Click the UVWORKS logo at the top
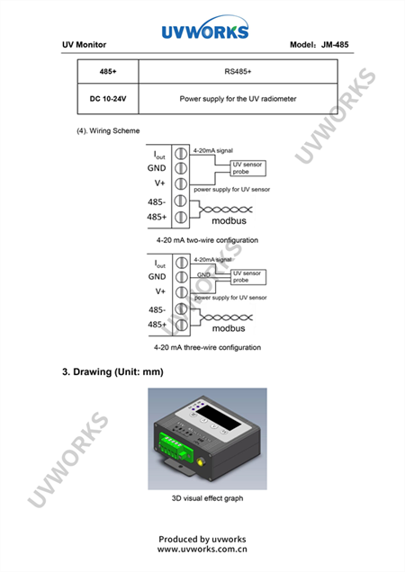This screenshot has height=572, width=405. pos(205,28)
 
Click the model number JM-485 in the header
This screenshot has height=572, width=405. pos(335,44)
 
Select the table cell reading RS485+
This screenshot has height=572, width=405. pos(238,72)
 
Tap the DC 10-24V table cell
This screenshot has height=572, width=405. pos(108,99)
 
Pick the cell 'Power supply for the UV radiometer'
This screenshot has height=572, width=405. pos(238,99)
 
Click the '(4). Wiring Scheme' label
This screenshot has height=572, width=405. pos(108,130)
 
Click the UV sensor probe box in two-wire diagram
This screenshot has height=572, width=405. pos(247,168)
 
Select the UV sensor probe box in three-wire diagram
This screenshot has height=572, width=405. pos(248,277)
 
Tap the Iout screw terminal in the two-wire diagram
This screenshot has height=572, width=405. pos(181,154)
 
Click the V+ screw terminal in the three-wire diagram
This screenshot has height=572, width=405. pos(182,292)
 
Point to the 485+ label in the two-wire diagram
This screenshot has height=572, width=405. pos(157,217)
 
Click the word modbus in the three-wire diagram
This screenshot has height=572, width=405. pos(229,328)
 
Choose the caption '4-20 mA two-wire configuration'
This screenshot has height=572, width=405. pos(207,240)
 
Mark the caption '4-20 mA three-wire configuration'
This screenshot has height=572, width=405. pos(207,347)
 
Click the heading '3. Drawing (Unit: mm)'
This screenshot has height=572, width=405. pos(112,371)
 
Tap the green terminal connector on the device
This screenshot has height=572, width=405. pos(175,448)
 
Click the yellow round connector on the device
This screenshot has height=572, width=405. pos(201,462)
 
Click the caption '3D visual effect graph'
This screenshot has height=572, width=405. pos(207,498)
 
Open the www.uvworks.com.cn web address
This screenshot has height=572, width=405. pos(202,549)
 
